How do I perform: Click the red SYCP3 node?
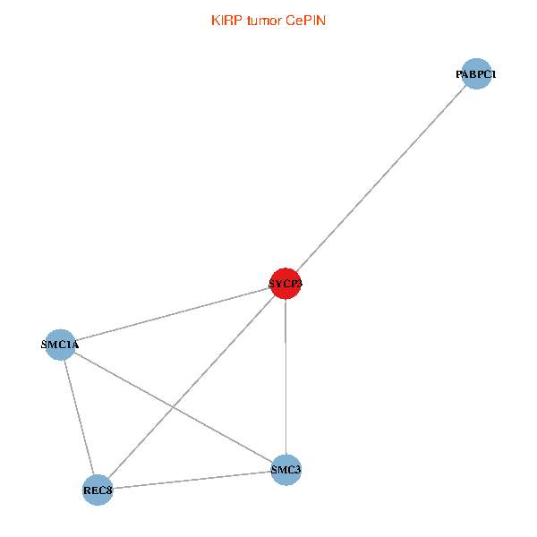(x=286, y=284)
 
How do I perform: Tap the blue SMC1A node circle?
(x=61, y=344)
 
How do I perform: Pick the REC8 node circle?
(x=98, y=490)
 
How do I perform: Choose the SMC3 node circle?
(x=286, y=470)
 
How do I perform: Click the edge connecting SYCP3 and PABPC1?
(x=381, y=179)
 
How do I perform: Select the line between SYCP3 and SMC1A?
(x=173, y=313)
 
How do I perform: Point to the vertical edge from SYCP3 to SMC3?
(x=286, y=377)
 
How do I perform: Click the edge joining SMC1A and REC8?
(x=79, y=416)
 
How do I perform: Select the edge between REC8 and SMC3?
(x=192, y=480)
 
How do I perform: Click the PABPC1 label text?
(x=476, y=74)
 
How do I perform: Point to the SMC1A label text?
(x=61, y=344)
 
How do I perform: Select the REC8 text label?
(x=98, y=490)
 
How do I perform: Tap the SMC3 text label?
(x=286, y=470)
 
